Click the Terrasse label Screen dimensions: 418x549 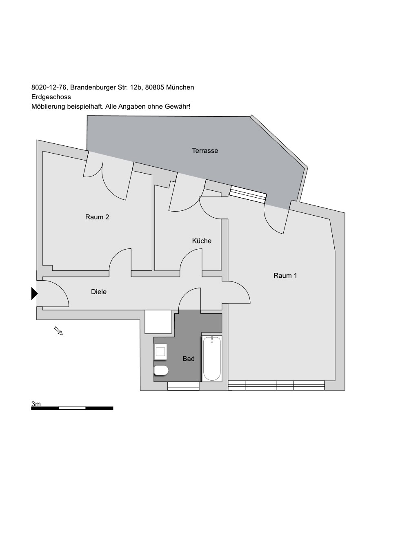coord(205,151)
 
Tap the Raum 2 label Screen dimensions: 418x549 coord(97,217)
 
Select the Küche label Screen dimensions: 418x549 coord(202,241)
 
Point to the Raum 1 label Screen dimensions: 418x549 coord(285,275)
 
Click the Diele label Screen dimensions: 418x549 coord(99,292)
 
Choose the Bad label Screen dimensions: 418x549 coord(189,359)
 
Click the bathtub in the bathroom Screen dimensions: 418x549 coord(212,359)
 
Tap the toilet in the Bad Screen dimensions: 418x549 coord(161,370)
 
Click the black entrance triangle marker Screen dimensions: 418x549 coord(34,293)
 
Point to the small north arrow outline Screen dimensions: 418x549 coord(58,330)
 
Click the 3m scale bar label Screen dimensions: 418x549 coord(36,404)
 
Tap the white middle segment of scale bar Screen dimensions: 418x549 coord(72,408)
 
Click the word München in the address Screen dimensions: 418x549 coord(180,87)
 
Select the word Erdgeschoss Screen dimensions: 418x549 coord(51,97)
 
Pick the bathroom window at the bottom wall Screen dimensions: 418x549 coord(183,386)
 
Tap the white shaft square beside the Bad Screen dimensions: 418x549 coord(158,321)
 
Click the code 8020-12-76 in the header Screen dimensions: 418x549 coord(49,87)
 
